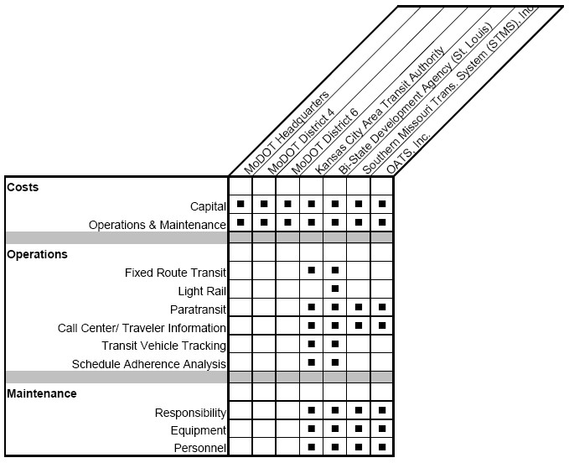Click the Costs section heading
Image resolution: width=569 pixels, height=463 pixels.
(x=23, y=187)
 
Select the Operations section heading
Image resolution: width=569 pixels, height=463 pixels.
(x=37, y=254)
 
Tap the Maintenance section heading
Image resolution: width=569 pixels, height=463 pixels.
(x=42, y=393)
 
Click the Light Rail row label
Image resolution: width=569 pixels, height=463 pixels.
(x=202, y=291)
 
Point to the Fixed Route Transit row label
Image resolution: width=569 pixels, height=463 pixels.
(x=175, y=273)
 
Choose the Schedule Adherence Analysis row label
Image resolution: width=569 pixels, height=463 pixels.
(x=149, y=364)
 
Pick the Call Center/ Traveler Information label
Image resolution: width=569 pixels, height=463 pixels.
(x=142, y=328)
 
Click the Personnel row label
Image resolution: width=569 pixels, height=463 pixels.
(x=200, y=448)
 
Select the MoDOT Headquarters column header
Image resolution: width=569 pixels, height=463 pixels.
(x=287, y=133)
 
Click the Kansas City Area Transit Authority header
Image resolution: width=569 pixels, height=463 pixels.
(x=380, y=111)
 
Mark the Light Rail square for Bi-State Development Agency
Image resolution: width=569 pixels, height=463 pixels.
(x=335, y=289)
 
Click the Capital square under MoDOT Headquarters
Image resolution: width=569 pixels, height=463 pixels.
(x=241, y=204)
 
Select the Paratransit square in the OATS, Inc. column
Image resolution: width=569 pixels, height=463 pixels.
(x=382, y=307)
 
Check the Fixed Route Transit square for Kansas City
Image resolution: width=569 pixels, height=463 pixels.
(x=312, y=270)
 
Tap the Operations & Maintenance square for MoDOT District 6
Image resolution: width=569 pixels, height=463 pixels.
(x=287, y=222)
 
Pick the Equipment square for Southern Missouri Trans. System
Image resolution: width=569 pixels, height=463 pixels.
(x=359, y=429)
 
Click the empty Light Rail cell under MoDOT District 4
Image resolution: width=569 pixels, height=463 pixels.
(x=264, y=289)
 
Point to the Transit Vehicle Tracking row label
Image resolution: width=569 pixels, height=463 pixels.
(x=163, y=346)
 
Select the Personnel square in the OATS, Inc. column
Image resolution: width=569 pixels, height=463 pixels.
(x=382, y=447)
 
